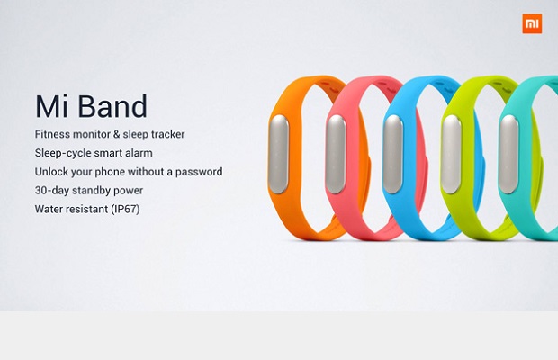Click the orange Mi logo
[x=532, y=23]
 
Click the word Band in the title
[x=112, y=106]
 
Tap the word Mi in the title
[x=51, y=106]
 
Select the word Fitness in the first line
[x=52, y=134]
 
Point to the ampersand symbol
[x=117, y=134]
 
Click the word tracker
[x=168, y=134]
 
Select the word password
[x=199, y=172]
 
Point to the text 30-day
[x=52, y=191]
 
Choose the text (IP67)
[x=126, y=209]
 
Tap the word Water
[x=48, y=209]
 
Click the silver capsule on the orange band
[x=279, y=155]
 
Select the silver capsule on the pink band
[x=336, y=155]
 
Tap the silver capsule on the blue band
[x=393, y=155]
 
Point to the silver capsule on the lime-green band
[x=451, y=155]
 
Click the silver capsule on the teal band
[x=508, y=155]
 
